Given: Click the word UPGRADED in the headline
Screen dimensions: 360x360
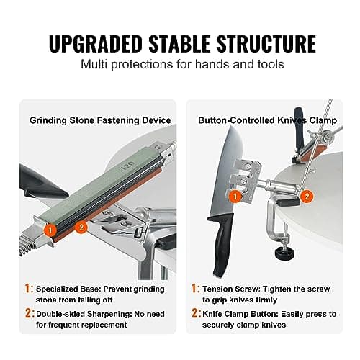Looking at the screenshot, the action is [96, 44].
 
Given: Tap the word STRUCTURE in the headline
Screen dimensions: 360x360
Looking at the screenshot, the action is [266, 44].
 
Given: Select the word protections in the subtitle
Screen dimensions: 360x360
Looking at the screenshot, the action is [143, 65].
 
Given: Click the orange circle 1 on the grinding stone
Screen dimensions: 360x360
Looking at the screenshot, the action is [50, 230].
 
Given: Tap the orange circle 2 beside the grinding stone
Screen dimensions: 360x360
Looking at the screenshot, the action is [81, 227].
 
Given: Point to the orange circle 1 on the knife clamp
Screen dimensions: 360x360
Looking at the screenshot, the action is [235, 197].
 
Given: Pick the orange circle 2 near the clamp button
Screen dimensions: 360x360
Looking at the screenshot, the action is [307, 197].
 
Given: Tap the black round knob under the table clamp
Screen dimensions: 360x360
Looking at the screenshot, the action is [284, 254].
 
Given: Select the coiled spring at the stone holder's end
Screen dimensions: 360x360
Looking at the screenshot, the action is [26, 250].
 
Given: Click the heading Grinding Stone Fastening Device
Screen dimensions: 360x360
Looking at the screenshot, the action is [100, 120].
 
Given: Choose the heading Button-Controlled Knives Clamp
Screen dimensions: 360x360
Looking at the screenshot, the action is [268, 120].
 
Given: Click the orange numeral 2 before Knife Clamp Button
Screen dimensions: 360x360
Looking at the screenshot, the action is [195, 313].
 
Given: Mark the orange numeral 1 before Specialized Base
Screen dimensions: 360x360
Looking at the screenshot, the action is [28, 288].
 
